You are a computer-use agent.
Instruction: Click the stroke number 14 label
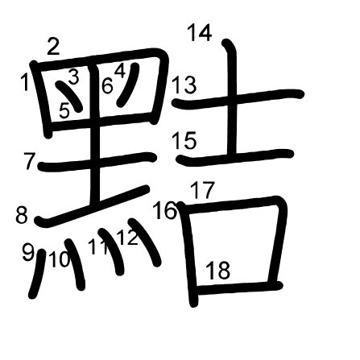200,32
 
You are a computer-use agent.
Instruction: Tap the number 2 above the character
53,46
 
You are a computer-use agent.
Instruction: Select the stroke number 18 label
218,270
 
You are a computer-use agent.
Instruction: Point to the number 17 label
203,190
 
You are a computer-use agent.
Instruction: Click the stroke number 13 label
184,85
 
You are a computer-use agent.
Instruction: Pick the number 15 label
184,140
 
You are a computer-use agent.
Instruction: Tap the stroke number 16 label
165,210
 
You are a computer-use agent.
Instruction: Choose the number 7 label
29,161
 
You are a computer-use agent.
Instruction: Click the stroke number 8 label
22,215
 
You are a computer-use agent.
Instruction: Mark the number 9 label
28,251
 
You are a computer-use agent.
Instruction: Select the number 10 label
60,259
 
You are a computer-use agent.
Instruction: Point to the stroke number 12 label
128,236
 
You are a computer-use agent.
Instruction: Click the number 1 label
25,82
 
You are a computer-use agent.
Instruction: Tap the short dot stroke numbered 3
69,97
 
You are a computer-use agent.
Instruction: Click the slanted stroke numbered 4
128,85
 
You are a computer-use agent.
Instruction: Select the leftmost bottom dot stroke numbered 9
37,274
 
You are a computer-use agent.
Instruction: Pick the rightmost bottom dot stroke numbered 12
145,242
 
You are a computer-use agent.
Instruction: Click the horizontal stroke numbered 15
235,157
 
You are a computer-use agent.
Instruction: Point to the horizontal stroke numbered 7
97,162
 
